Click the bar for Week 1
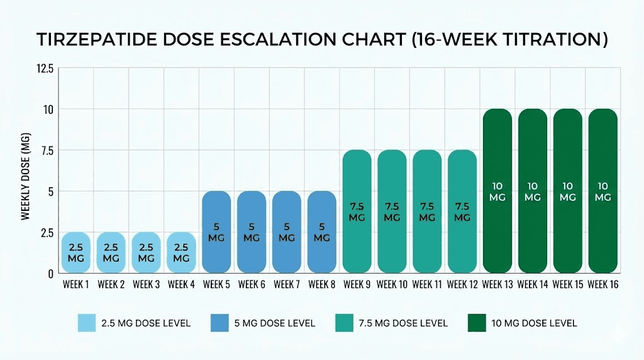pos(75,252)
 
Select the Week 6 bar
pos(252,232)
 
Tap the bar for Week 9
pos(357,211)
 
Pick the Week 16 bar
pos(602,191)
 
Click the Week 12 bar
pos(462,211)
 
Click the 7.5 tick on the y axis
pos(47,150)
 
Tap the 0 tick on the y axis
pos(50,273)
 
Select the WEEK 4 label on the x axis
pos(181,284)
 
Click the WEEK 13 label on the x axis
pos(497,284)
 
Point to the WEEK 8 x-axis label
pos(321,284)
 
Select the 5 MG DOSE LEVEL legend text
pos(270,323)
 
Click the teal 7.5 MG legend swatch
pos(346,323)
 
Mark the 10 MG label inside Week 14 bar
pos(533,191)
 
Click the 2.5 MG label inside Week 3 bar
pos(146,253)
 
